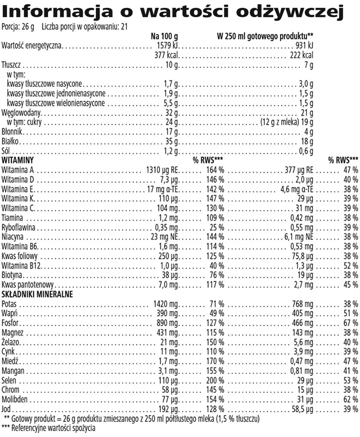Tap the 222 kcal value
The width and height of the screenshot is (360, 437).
(302, 56)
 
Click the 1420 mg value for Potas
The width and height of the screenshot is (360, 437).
(166, 304)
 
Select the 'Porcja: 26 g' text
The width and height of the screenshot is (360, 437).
(18, 27)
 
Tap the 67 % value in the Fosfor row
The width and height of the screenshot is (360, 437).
(351, 323)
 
